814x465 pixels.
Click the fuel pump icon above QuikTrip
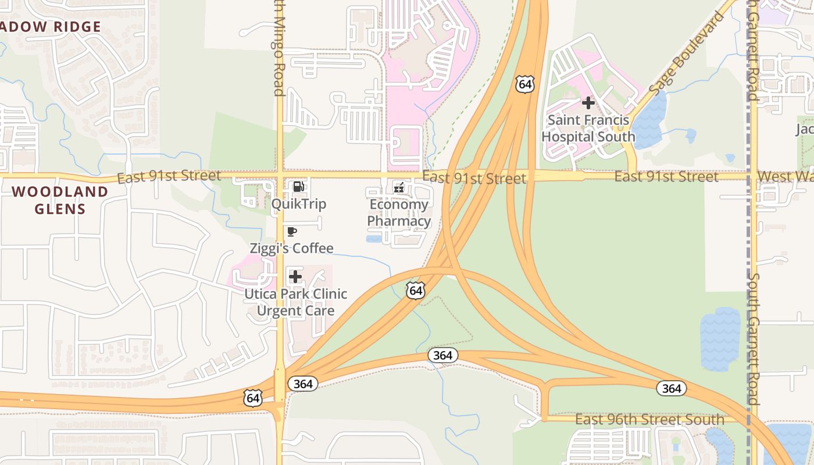click(298, 187)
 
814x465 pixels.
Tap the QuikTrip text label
click(298, 204)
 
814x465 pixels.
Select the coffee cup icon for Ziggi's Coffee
click(292, 232)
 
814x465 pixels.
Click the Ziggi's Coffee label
click(291, 248)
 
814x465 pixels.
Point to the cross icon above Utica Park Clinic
click(295, 277)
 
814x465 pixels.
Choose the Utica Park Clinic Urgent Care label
click(295, 302)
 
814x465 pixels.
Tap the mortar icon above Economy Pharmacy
click(399, 187)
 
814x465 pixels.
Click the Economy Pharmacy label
click(399, 213)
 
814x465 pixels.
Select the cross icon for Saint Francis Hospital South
click(588, 103)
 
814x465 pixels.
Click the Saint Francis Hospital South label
click(588, 129)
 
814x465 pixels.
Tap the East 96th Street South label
click(649, 419)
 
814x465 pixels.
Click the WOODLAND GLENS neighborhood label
click(60, 200)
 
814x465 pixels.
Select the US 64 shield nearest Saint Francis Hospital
click(524, 84)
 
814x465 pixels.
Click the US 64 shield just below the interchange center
click(415, 290)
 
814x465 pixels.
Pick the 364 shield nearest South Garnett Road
click(672, 388)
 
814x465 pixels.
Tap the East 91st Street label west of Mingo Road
click(169, 176)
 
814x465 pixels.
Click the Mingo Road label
click(279, 52)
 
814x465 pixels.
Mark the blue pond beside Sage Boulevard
click(649, 119)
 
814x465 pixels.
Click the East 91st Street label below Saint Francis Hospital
click(666, 177)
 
